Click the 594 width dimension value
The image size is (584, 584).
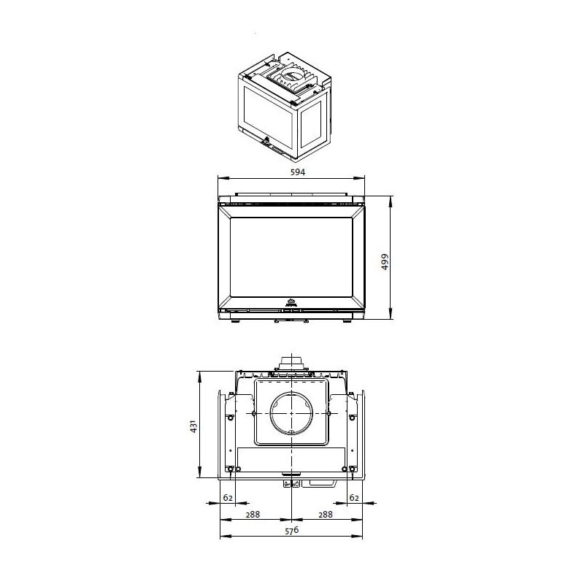pyautogui.click(x=292, y=172)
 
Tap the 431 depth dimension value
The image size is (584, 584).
pyautogui.click(x=193, y=425)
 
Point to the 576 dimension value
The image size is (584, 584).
pyautogui.click(x=292, y=531)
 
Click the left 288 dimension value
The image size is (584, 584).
pyautogui.click(x=253, y=515)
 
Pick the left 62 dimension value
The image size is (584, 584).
pyautogui.click(x=228, y=497)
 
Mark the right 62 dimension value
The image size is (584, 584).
pyautogui.click(x=355, y=497)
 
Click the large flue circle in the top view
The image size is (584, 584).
pyautogui.click(x=291, y=414)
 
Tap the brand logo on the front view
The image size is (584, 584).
pyautogui.click(x=291, y=300)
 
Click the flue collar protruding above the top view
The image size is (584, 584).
pyautogui.click(x=291, y=363)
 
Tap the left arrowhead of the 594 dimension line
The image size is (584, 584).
pyautogui.click(x=222, y=177)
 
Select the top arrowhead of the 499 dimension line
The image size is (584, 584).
pyautogui.click(x=393, y=198)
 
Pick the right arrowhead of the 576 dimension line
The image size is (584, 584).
pyautogui.click(x=361, y=537)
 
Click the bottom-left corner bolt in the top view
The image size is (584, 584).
pyautogui.click(x=231, y=469)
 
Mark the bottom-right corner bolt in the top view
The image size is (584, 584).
pyautogui.click(x=353, y=469)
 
